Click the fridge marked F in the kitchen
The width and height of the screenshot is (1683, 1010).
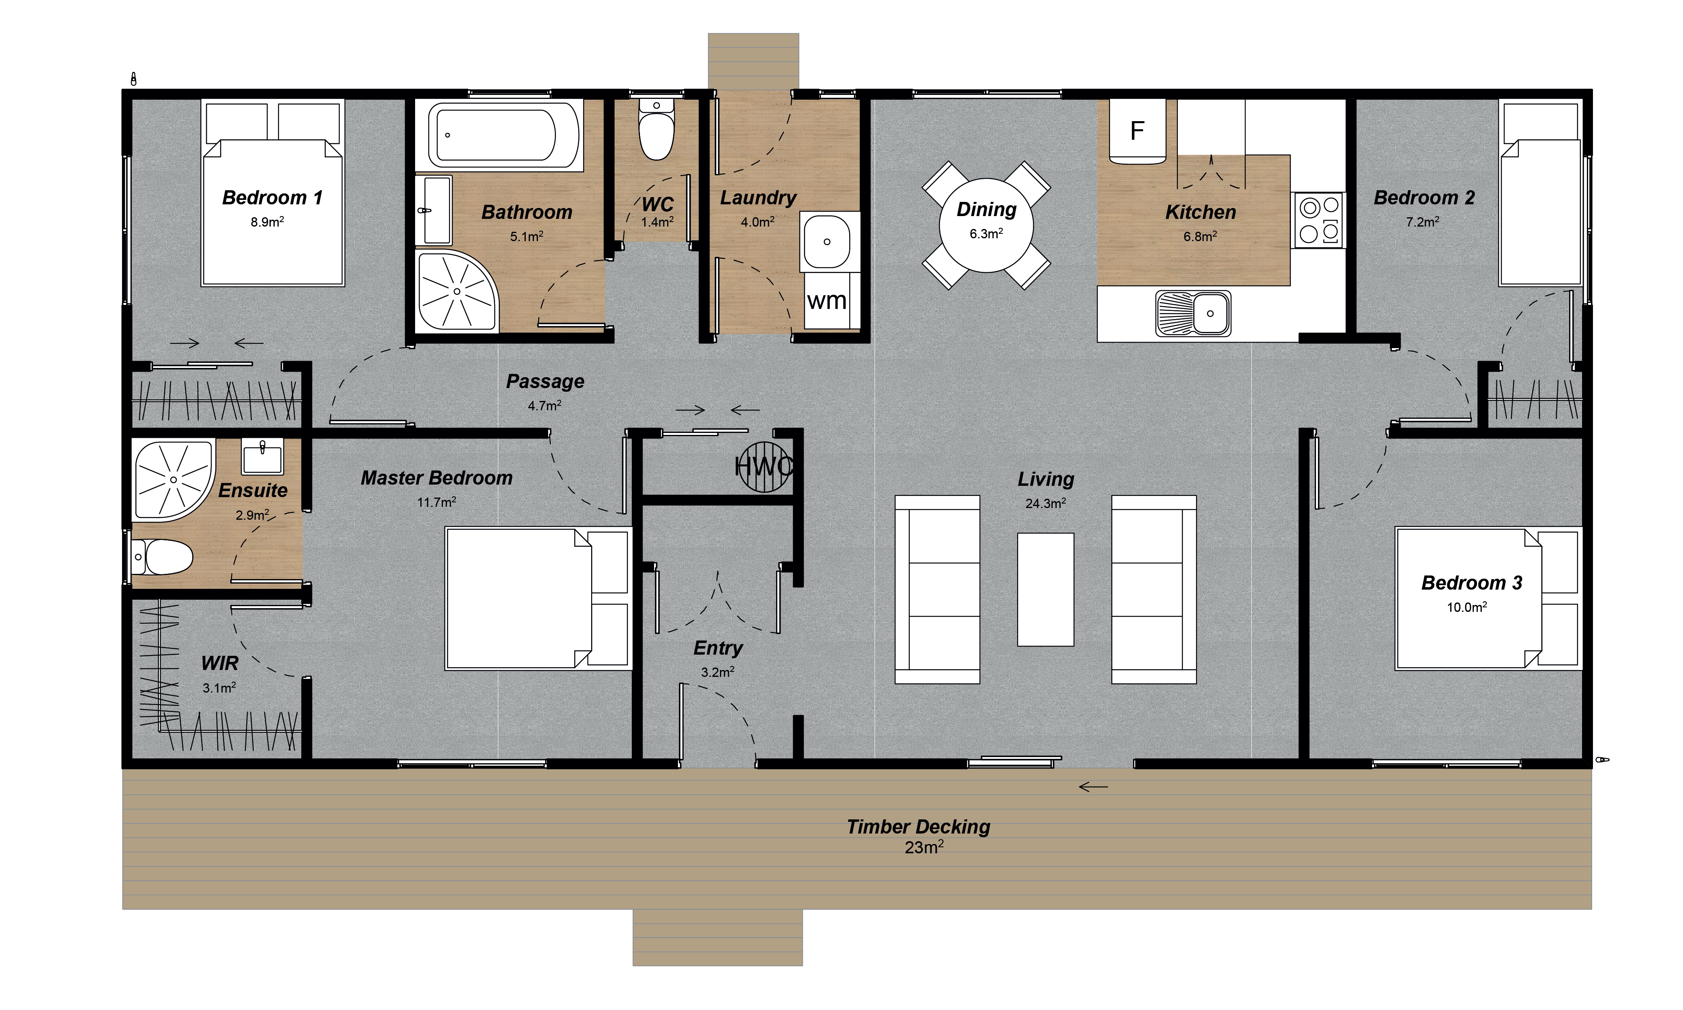[1137, 131]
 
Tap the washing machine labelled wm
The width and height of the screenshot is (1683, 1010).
[827, 300]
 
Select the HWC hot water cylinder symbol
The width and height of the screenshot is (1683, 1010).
[764, 467]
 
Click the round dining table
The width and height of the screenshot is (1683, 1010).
[986, 225]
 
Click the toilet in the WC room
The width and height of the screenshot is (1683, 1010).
[656, 131]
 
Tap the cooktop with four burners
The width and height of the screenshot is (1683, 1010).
[1319, 220]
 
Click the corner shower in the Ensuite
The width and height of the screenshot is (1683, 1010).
[172, 480]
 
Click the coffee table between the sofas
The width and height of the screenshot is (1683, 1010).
[1045, 589]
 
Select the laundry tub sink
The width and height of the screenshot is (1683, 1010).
[827, 241]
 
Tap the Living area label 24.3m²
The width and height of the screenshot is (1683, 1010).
[1045, 504]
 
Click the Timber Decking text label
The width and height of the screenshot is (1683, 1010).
[918, 827]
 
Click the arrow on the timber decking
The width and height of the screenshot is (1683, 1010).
[1093, 787]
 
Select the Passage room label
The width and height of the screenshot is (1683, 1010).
[545, 381]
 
